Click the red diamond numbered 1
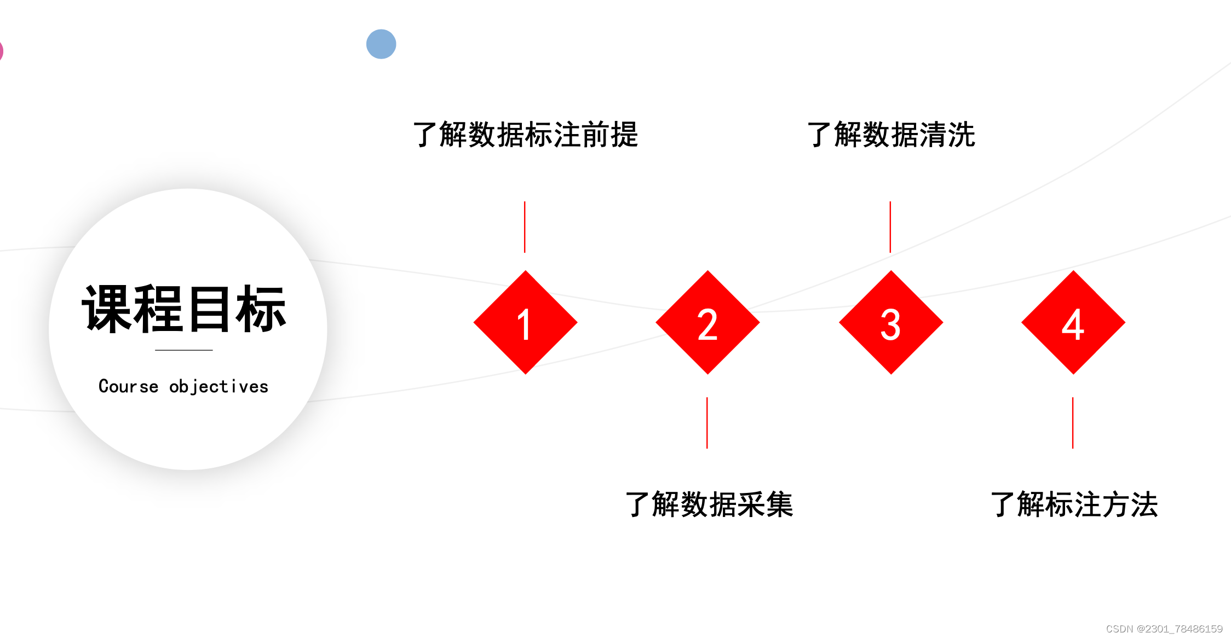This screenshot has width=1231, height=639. (525, 322)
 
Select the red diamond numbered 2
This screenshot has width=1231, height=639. (707, 322)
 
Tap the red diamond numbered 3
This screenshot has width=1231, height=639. (891, 322)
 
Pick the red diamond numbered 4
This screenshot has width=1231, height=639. (1073, 322)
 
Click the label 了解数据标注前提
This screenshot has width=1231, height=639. (525, 135)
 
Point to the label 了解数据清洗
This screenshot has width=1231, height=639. (891, 135)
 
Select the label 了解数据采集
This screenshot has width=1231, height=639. (709, 504)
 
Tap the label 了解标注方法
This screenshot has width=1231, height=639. (1074, 504)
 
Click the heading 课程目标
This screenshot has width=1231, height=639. (184, 309)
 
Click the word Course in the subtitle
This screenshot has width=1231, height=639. (128, 386)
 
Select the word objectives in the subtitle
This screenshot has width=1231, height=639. (218, 386)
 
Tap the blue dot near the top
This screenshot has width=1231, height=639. (381, 44)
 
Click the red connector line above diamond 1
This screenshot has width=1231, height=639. (525, 227)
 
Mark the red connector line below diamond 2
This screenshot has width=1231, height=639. (707, 422)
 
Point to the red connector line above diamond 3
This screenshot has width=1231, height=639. (890, 227)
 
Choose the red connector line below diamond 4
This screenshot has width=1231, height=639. (1073, 422)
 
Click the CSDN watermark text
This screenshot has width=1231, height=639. (1164, 629)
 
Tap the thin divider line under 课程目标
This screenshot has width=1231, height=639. (184, 350)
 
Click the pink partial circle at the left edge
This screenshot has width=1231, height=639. (1, 51)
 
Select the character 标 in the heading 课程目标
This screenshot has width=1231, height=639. (261, 309)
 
